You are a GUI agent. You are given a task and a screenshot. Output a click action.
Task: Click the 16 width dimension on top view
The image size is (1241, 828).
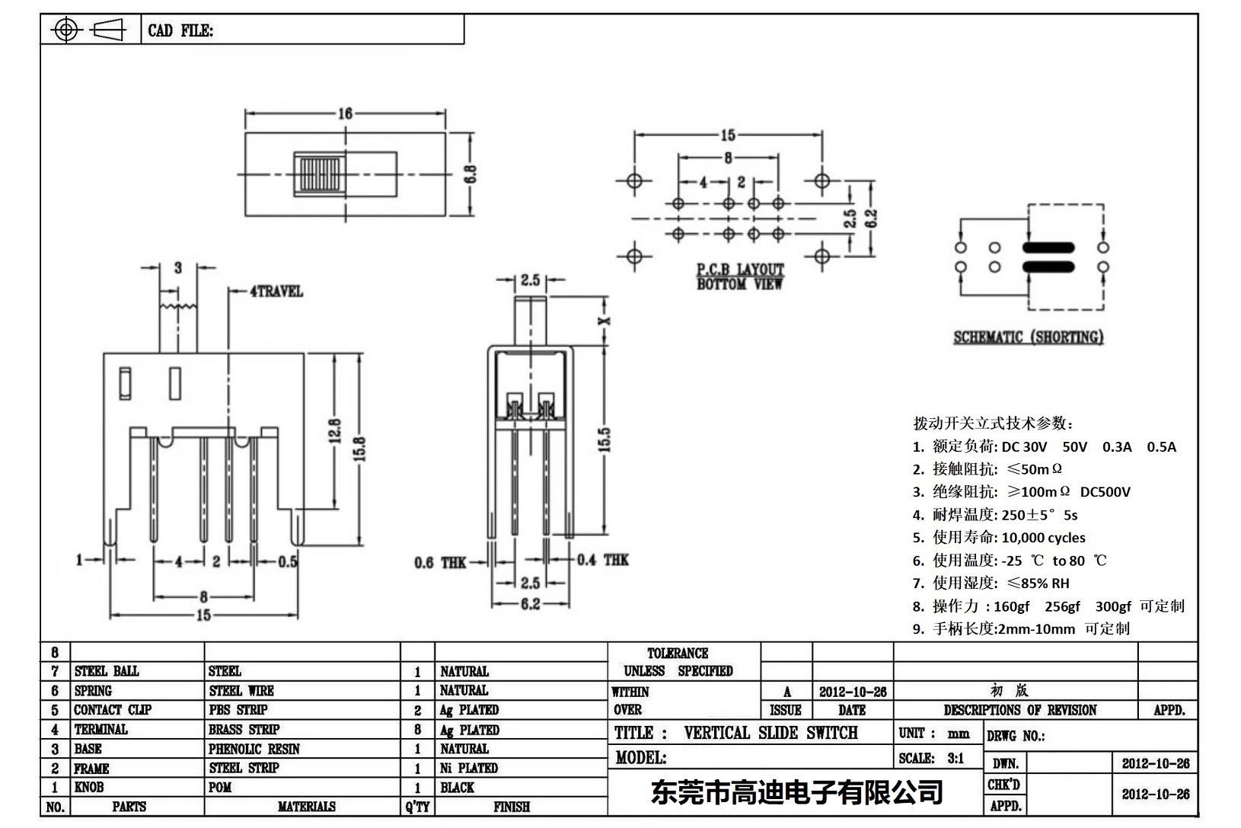coord(345,113)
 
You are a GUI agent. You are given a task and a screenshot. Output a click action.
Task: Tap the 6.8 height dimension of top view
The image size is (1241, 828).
coord(471,174)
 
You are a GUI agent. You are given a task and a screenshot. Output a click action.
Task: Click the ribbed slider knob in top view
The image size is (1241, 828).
coord(320,174)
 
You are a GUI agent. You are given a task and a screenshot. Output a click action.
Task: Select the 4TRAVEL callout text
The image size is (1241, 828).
coord(276,291)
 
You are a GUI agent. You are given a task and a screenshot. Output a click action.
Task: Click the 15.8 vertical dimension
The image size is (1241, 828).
coord(360,448)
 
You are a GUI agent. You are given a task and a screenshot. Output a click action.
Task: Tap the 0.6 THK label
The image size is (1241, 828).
coord(440,563)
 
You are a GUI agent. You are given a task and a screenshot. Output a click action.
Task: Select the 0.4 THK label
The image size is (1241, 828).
coord(602,560)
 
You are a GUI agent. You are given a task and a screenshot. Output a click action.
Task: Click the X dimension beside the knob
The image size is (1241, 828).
coord(605,321)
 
